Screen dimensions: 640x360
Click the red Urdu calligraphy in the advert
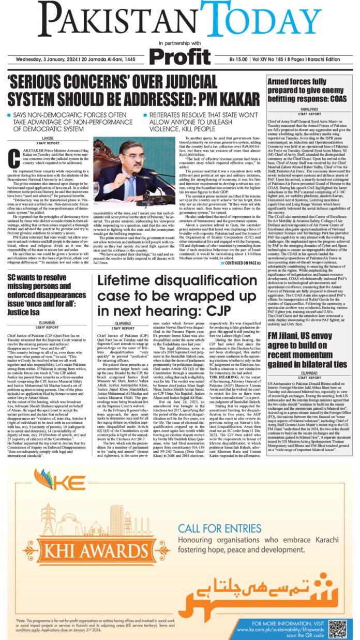pyautogui.click(x=274, y=585)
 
